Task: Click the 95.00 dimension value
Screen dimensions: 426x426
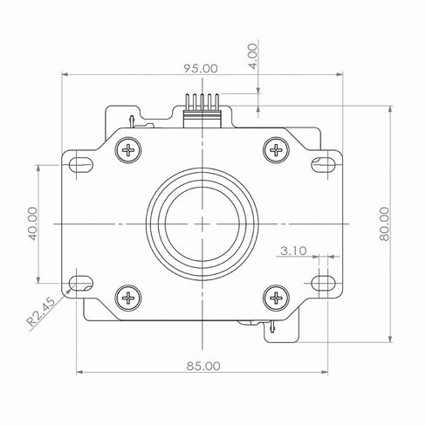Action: [201, 68]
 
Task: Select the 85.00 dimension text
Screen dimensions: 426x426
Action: [203, 366]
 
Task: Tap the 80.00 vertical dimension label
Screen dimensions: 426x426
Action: [384, 223]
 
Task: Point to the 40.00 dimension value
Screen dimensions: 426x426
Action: [33, 223]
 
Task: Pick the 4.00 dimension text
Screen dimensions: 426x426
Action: [253, 57]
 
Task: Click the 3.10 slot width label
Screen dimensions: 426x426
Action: [293, 251]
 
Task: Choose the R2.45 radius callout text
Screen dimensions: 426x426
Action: [41, 312]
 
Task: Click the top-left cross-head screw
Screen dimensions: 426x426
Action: [128, 150]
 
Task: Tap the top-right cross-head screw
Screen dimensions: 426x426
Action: [276, 150]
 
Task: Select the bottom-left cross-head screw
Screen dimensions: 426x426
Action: [128, 298]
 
